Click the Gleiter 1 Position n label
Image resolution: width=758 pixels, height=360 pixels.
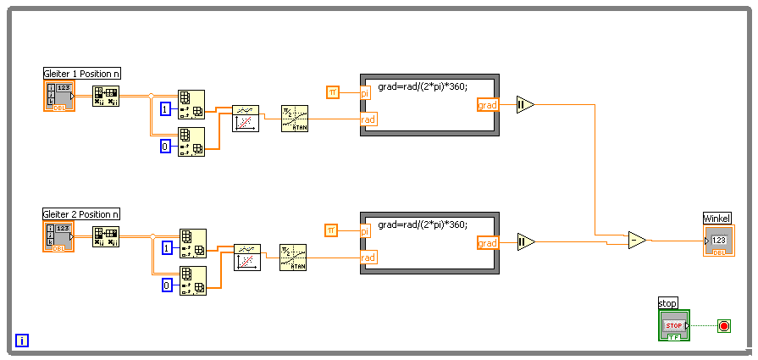pos(81,74)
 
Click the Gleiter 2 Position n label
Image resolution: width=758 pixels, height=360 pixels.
pos(81,214)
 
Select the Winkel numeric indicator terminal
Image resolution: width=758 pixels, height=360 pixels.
pos(718,241)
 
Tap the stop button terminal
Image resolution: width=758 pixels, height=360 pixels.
pos(674,325)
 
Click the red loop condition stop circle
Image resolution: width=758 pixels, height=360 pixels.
pos(723,325)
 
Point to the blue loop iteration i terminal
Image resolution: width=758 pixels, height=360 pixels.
pos(22,341)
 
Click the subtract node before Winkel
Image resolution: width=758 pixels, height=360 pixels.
pos(637,241)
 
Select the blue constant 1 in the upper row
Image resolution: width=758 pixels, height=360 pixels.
pos(166,108)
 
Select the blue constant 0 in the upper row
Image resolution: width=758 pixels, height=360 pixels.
pos(166,146)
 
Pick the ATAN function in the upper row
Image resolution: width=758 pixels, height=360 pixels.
pos(295,118)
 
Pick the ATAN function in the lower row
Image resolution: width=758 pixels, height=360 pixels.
pos(293,257)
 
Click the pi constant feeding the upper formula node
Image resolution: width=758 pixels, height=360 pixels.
pos(332,91)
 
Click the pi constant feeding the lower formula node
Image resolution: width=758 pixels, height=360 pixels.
pos(332,230)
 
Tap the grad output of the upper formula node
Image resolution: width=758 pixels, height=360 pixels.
pos(488,105)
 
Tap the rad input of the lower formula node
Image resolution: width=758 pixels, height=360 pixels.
pos(368,258)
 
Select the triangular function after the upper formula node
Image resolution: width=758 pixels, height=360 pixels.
pos(525,105)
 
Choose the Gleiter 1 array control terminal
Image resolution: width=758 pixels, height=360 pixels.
pos(58,96)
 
